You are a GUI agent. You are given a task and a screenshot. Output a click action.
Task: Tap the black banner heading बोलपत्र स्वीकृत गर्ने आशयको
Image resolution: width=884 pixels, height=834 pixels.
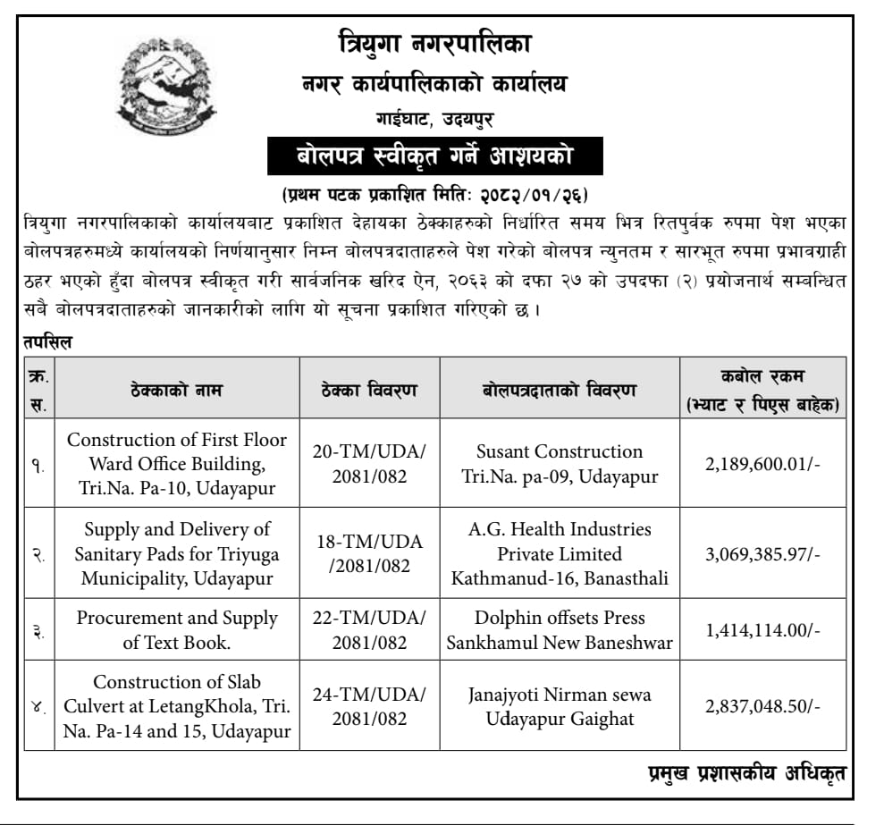435,157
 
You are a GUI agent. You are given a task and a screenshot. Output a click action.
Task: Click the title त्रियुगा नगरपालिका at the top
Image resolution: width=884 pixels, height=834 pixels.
435,42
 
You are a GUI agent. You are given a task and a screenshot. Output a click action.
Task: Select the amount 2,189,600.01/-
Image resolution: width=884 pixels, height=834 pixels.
762,464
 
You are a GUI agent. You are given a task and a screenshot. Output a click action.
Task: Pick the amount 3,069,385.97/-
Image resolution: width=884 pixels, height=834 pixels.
762,554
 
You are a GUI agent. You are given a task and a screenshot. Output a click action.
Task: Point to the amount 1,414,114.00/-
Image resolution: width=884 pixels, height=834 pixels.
762,630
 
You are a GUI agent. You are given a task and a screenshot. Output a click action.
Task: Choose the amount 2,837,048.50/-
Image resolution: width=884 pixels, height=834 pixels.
762,706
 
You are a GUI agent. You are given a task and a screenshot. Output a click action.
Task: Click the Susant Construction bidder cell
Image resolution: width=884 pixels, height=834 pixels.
560,464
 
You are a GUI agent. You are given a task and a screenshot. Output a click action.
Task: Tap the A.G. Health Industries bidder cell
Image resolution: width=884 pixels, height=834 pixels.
560,554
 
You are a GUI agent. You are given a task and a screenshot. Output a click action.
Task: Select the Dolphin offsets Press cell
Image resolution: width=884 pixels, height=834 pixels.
560,630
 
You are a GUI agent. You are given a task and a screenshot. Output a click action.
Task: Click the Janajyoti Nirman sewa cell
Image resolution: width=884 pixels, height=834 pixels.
560,706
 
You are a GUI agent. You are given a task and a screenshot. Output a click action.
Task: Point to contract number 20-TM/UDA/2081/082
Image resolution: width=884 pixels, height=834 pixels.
369,464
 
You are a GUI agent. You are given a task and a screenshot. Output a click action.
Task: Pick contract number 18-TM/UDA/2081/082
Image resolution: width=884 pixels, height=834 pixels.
369,554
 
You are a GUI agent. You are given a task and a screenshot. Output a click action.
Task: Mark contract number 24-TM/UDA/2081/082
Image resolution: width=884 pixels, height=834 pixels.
369,706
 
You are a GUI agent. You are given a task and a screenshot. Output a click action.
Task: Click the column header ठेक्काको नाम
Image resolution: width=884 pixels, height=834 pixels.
176,390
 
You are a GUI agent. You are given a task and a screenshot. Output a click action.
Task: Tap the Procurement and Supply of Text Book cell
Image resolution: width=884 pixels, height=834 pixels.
176,630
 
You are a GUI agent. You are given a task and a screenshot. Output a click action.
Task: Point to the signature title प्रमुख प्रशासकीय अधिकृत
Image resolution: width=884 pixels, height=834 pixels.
745,773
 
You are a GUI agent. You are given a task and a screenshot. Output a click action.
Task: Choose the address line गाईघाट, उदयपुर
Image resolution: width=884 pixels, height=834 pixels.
434,119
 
